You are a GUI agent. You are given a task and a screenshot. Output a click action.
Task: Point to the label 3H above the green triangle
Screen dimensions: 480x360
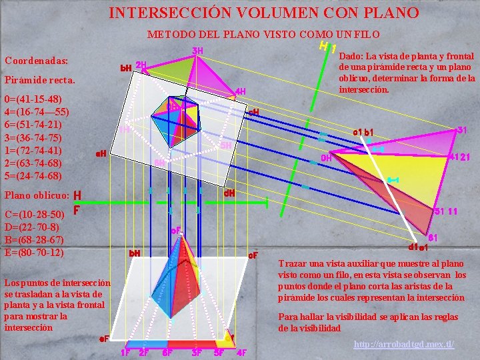point(197,51)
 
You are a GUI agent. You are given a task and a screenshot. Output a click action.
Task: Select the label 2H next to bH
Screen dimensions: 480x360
point(141,65)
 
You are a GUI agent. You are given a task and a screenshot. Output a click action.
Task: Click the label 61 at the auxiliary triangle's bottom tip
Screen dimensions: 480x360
point(433,238)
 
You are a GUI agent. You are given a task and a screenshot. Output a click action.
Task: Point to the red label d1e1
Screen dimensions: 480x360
point(418,247)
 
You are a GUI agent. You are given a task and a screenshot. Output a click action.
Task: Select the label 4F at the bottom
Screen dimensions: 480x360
point(241,353)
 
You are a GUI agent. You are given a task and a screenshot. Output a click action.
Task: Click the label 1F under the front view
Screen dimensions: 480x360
point(125,353)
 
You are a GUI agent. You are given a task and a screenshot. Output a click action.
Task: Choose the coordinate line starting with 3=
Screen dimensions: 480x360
point(33,137)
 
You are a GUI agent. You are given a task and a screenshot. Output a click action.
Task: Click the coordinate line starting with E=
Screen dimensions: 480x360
point(34,253)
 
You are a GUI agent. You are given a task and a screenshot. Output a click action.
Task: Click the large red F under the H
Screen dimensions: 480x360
point(77,210)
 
